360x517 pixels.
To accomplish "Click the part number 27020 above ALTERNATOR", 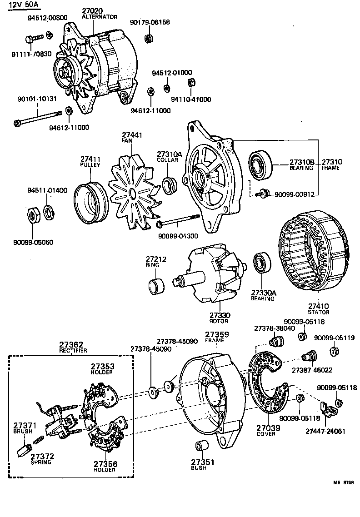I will click(93, 10).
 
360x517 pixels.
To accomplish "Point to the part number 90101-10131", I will click(37, 99).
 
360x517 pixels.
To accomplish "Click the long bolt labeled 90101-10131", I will click(41, 117).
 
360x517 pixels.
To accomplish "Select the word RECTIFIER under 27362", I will click(73, 351).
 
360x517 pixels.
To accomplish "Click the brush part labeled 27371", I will click(22, 452).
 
